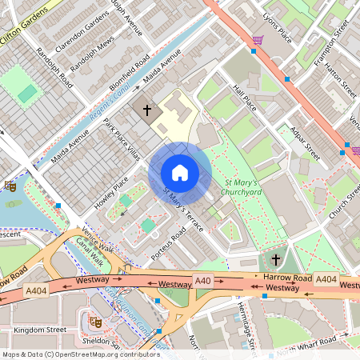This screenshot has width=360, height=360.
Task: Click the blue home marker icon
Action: (180, 173)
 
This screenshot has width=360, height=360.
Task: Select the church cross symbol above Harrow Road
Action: (276, 259)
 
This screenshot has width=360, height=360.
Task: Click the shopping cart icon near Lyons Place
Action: (258, 40)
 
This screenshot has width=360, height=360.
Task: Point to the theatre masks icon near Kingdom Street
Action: (95, 322)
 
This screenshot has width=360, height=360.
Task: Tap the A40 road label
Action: (204, 282)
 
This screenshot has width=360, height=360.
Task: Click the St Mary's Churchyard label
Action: (238, 187)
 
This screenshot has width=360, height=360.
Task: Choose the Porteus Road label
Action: (168, 244)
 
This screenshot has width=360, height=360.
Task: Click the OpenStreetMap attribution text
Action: (80, 354)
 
